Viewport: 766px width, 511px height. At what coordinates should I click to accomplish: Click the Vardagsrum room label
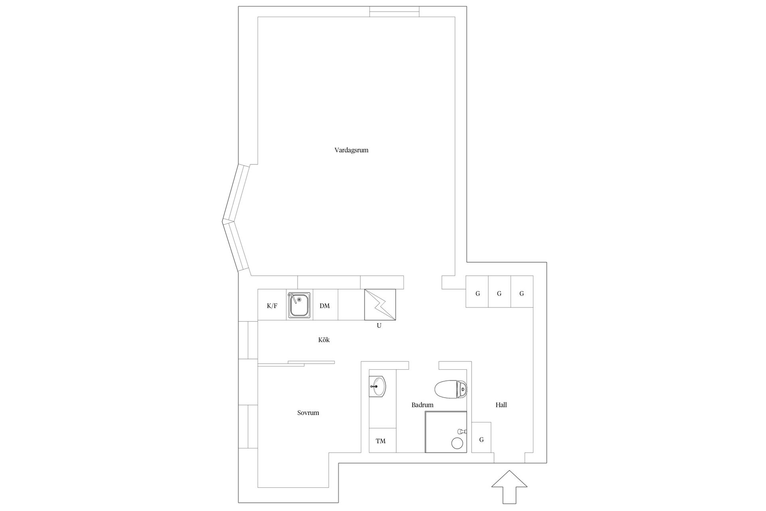pyautogui.click(x=351, y=151)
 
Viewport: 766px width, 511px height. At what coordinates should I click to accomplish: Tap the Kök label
pyautogui.click(x=324, y=340)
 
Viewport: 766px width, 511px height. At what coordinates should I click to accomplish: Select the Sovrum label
pyautogui.click(x=308, y=413)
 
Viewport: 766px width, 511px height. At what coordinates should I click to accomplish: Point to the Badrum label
pyautogui.click(x=422, y=405)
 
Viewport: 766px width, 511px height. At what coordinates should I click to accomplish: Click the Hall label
pyautogui.click(x=501, y=405)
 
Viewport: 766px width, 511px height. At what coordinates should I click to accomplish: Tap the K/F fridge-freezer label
pyautogui.click(x=272, y=306)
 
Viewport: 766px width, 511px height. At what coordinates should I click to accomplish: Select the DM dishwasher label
pyautogui.click(x=325, y=306)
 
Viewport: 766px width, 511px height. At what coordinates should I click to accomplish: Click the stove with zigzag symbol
pyautogui.click(x=380, y=305)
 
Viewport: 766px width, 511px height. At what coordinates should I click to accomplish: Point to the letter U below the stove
pyautogui.click(x=379, y=326)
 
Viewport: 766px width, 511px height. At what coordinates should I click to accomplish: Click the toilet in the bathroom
pyautogui.click(x=451, y=389)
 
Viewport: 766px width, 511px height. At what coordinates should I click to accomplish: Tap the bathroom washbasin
pyautogui.click(x=377, y=386)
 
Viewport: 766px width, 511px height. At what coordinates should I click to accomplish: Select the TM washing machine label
pyautogui.click(x=381, y=441)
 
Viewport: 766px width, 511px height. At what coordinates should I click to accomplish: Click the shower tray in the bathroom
pyautogui.click(x=446, y=432)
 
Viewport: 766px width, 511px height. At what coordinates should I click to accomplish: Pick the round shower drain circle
pyautogui.click(x=457, y=443)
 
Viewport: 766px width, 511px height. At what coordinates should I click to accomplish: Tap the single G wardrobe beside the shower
pyautogui.click(x=482, y=440)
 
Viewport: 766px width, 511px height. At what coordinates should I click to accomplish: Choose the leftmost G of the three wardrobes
pyautogui.click(x=478, y=293)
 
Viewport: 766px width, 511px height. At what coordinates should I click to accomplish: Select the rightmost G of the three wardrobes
pyautogui.click(x=521, y=293)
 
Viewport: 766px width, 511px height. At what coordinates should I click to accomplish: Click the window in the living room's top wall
pyautogui.click(x=394, y=12)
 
